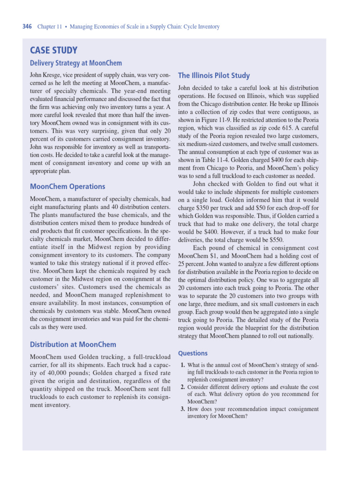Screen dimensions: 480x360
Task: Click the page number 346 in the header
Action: (27, 27)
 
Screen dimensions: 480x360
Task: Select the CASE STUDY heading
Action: (53, 51)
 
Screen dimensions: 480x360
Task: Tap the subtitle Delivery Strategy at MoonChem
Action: (76, 63)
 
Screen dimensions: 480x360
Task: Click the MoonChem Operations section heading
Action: (67, 186)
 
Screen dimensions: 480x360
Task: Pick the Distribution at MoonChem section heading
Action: (73, 345)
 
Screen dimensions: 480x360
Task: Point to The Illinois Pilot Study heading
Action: (214, 75)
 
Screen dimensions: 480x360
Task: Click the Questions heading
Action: (193, 353)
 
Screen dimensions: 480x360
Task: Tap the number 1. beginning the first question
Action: (183, 365)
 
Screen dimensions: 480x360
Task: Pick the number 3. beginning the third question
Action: (183, 409)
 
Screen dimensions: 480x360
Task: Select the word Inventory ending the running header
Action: (208, 27)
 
